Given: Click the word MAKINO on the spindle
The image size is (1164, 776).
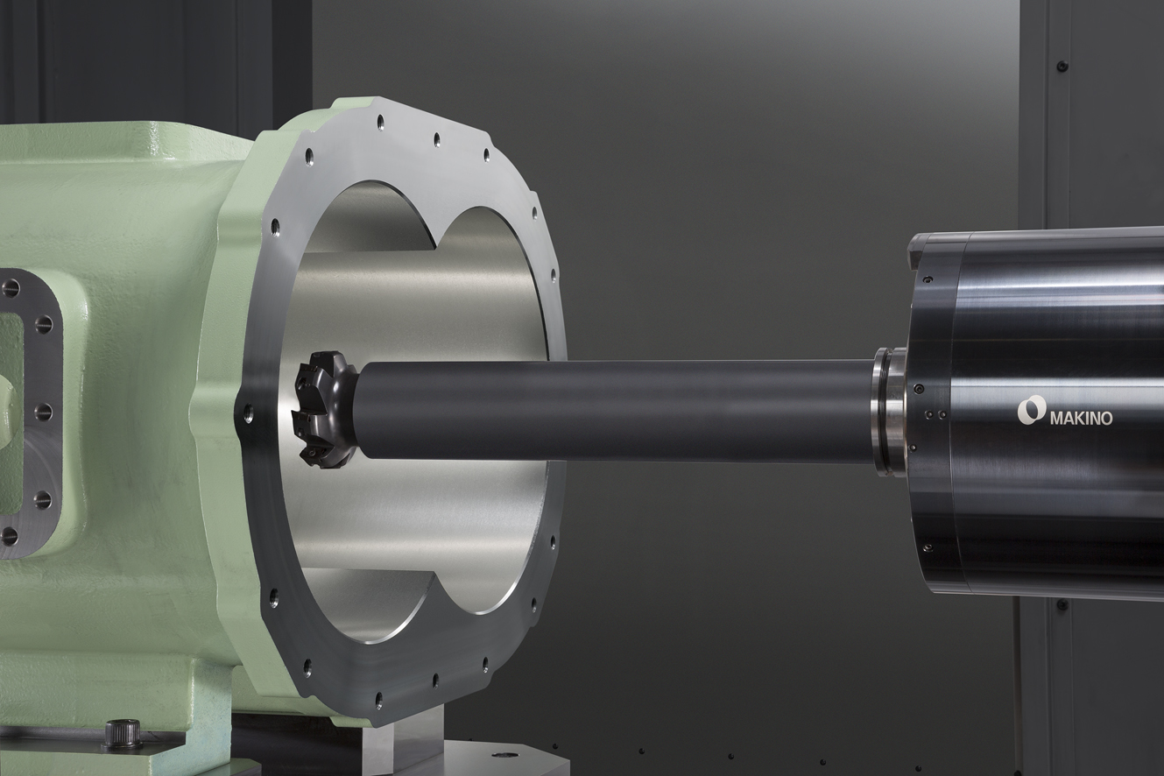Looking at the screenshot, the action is [1082, 419].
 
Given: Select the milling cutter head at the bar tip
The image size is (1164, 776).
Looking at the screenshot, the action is [323, 409].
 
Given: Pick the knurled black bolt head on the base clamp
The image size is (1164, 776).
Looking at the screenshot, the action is [123, 733].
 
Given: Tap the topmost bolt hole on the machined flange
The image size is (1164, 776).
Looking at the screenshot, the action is [380, 122].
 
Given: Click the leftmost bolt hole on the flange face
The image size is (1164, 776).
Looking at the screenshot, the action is [248, 413].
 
